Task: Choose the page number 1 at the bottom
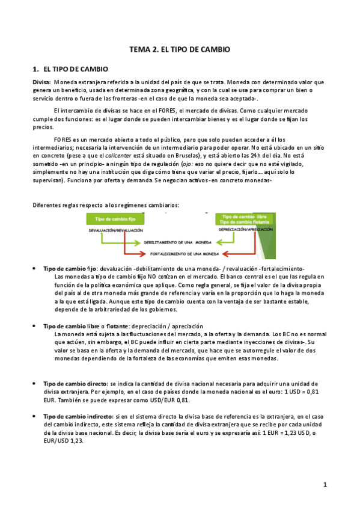click(x=325, y=485)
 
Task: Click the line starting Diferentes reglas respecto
click(x=105, y=205)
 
